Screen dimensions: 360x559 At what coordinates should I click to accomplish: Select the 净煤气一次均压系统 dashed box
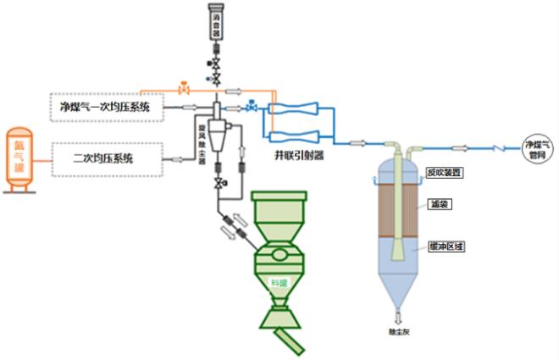coord(105,107)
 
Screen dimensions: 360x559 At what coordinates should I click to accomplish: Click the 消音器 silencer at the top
coord(216,22)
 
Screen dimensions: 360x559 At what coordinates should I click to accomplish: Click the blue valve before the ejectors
coord(252,108)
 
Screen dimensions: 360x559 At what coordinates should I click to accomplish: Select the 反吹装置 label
coord(445,172)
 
